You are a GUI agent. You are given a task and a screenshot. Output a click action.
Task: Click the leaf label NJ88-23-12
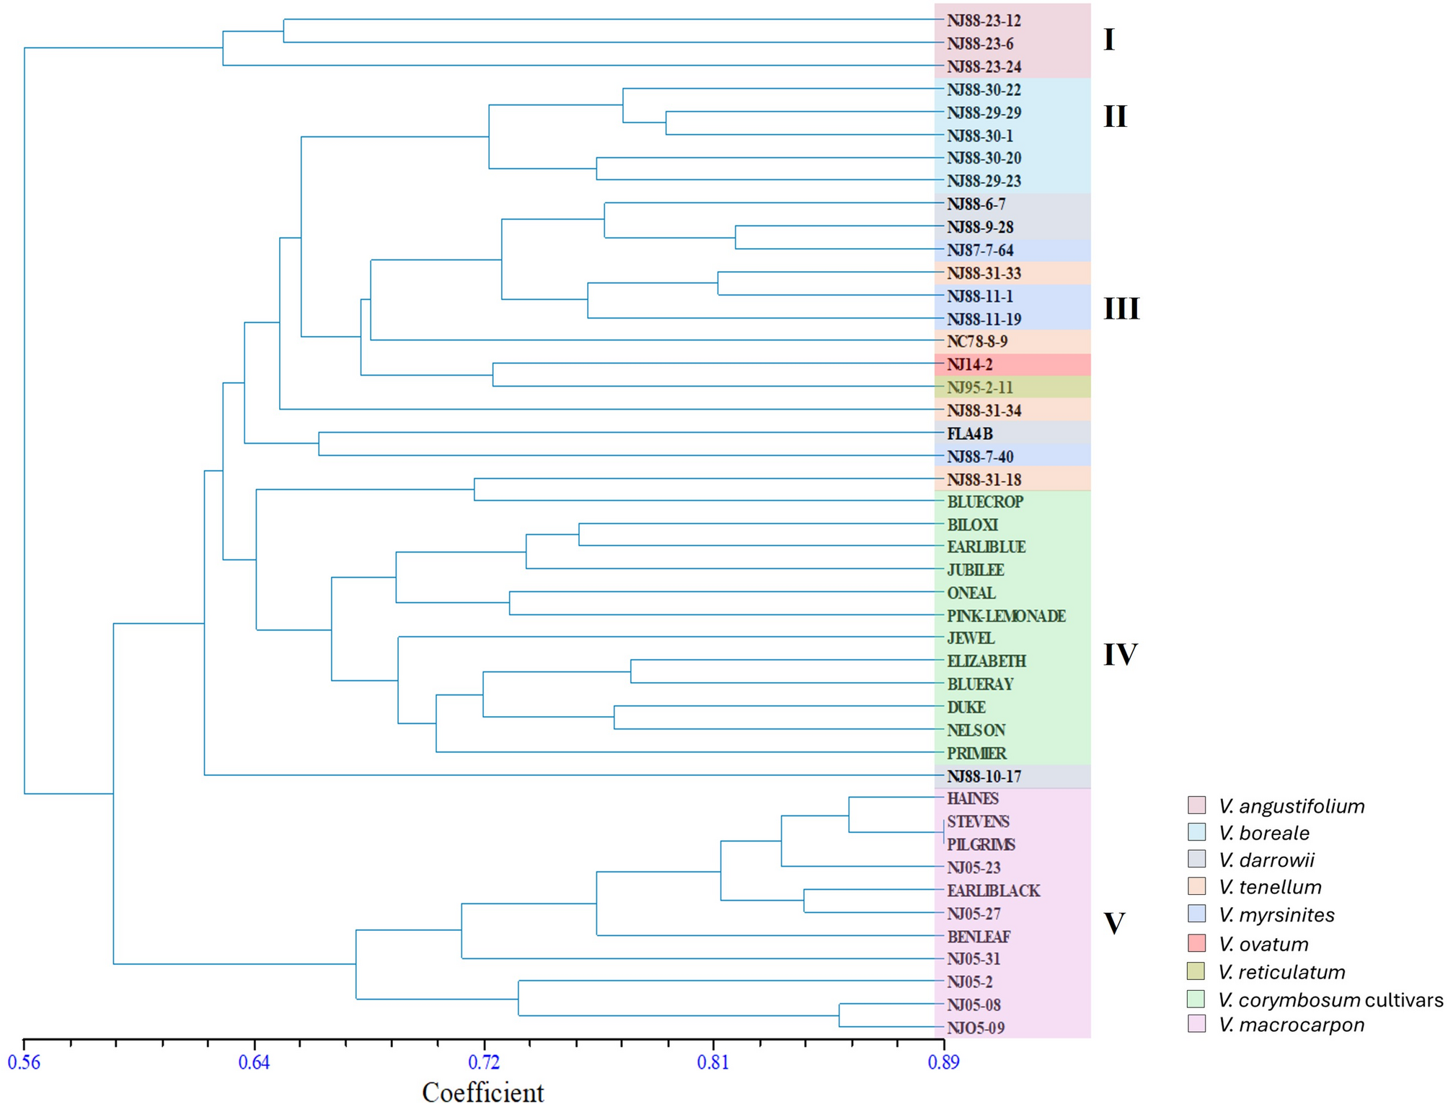point(984,21)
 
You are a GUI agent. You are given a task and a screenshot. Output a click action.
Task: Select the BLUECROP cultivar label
point(985,502)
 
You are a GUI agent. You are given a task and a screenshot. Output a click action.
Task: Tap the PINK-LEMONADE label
point(1006,616)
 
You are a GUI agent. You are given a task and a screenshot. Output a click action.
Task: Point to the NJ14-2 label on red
point(969,365)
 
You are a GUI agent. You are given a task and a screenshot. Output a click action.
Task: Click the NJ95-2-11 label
point(979,388)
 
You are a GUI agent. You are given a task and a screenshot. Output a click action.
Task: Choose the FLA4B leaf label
point(969,434)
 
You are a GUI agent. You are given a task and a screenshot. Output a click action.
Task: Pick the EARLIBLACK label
point(993,891)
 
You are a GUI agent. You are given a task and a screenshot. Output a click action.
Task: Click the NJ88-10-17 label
point(984,777)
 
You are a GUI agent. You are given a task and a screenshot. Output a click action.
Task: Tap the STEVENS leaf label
point(978,822)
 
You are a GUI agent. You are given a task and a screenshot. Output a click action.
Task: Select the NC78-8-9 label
point(977,342)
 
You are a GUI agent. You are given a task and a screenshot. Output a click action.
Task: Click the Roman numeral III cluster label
point(1121,309)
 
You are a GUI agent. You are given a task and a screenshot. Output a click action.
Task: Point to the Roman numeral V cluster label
point(1114,924)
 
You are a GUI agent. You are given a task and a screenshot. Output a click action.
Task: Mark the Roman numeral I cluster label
point(1109,40)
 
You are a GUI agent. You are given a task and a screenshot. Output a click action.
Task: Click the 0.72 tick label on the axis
point(483,1062)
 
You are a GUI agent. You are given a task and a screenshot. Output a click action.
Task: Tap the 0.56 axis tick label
point(24,1062)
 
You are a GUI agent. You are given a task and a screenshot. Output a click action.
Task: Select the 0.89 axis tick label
point(943,1062)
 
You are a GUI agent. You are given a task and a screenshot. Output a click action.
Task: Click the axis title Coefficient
point(482,1092)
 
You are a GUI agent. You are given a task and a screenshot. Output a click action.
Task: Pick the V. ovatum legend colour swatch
point(1196,942)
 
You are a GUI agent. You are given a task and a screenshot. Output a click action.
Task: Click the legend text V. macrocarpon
point(1291,1025)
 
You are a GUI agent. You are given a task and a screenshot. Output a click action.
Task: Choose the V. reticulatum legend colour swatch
point(1196,971)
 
